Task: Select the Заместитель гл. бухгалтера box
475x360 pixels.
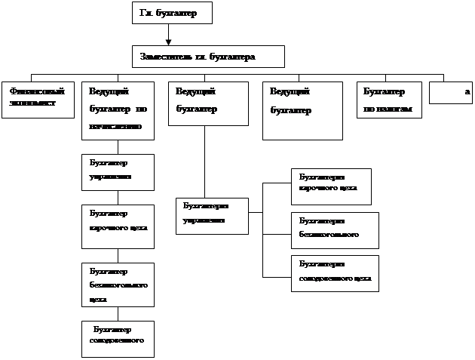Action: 209,57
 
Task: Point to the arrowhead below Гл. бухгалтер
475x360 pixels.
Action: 169,41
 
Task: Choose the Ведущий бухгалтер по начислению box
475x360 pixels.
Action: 117,110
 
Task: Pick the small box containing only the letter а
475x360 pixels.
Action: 450,92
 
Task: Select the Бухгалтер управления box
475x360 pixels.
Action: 117,172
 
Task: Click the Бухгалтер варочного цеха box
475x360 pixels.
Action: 117,225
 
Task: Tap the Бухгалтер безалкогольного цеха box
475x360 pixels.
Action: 117,284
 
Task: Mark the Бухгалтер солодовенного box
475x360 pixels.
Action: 117,338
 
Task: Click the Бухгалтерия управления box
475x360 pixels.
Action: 212,215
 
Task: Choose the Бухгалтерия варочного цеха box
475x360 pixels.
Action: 331,186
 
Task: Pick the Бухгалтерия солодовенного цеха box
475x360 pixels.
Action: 335,273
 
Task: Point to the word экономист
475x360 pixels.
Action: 33,103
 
